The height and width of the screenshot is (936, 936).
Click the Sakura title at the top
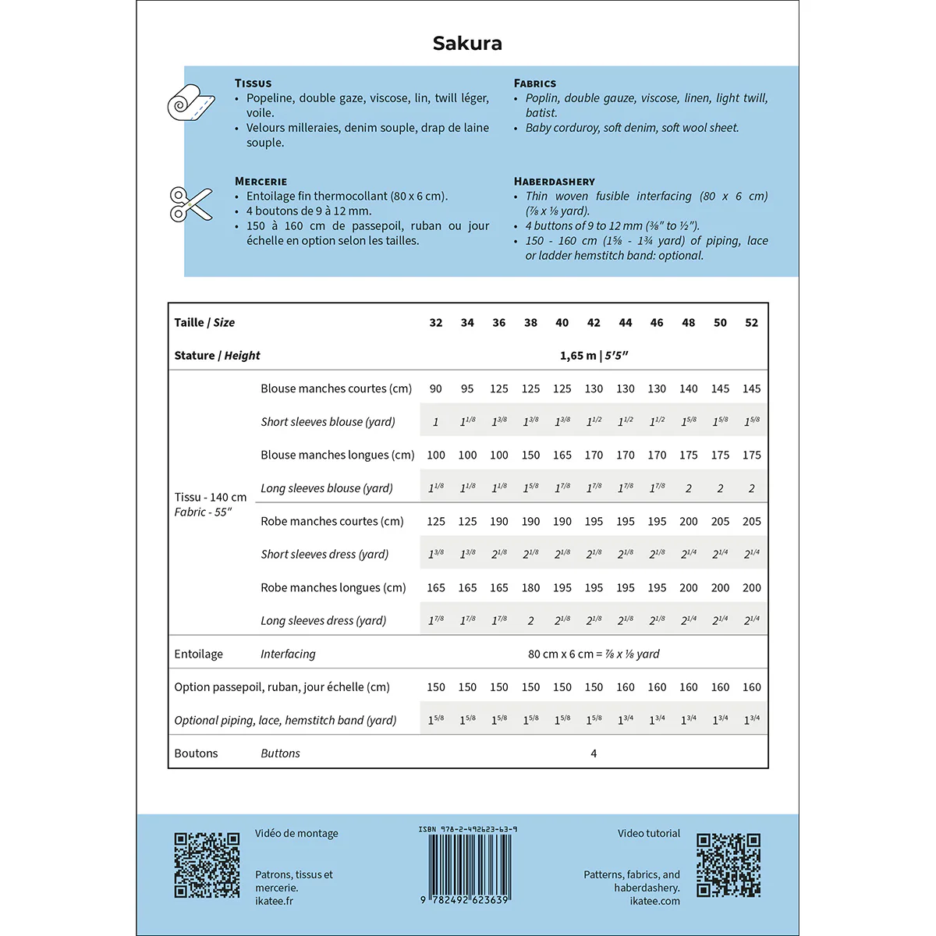click(467, 44)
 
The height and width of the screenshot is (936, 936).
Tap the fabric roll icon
click(191, 103)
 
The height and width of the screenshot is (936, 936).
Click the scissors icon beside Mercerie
click(191, 204)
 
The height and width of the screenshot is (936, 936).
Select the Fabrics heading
click(534, 83)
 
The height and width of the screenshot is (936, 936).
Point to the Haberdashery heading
click(554, 182)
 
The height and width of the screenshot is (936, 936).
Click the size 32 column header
click(435, 323)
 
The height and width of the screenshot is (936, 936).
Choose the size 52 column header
click(751, 323)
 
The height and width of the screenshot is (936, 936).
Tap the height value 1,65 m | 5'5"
click(594, 356)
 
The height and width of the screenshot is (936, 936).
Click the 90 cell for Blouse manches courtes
click(435, 388)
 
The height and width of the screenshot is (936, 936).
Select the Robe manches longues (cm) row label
click(333, 587)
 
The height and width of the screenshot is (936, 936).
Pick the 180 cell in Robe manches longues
click(530, 587)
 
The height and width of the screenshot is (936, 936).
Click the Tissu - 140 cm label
click(211, 497)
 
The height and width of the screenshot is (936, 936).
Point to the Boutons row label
click(196, 753)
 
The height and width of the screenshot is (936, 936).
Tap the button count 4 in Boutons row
click(594, 753)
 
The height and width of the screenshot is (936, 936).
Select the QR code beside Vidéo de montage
click(207, 865)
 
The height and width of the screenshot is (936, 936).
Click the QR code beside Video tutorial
click(729, 865)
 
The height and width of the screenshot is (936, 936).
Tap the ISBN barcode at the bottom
click(467, 866)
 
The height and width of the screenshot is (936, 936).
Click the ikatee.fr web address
click(275, 901)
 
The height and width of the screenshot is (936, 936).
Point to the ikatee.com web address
click(654, 901)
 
